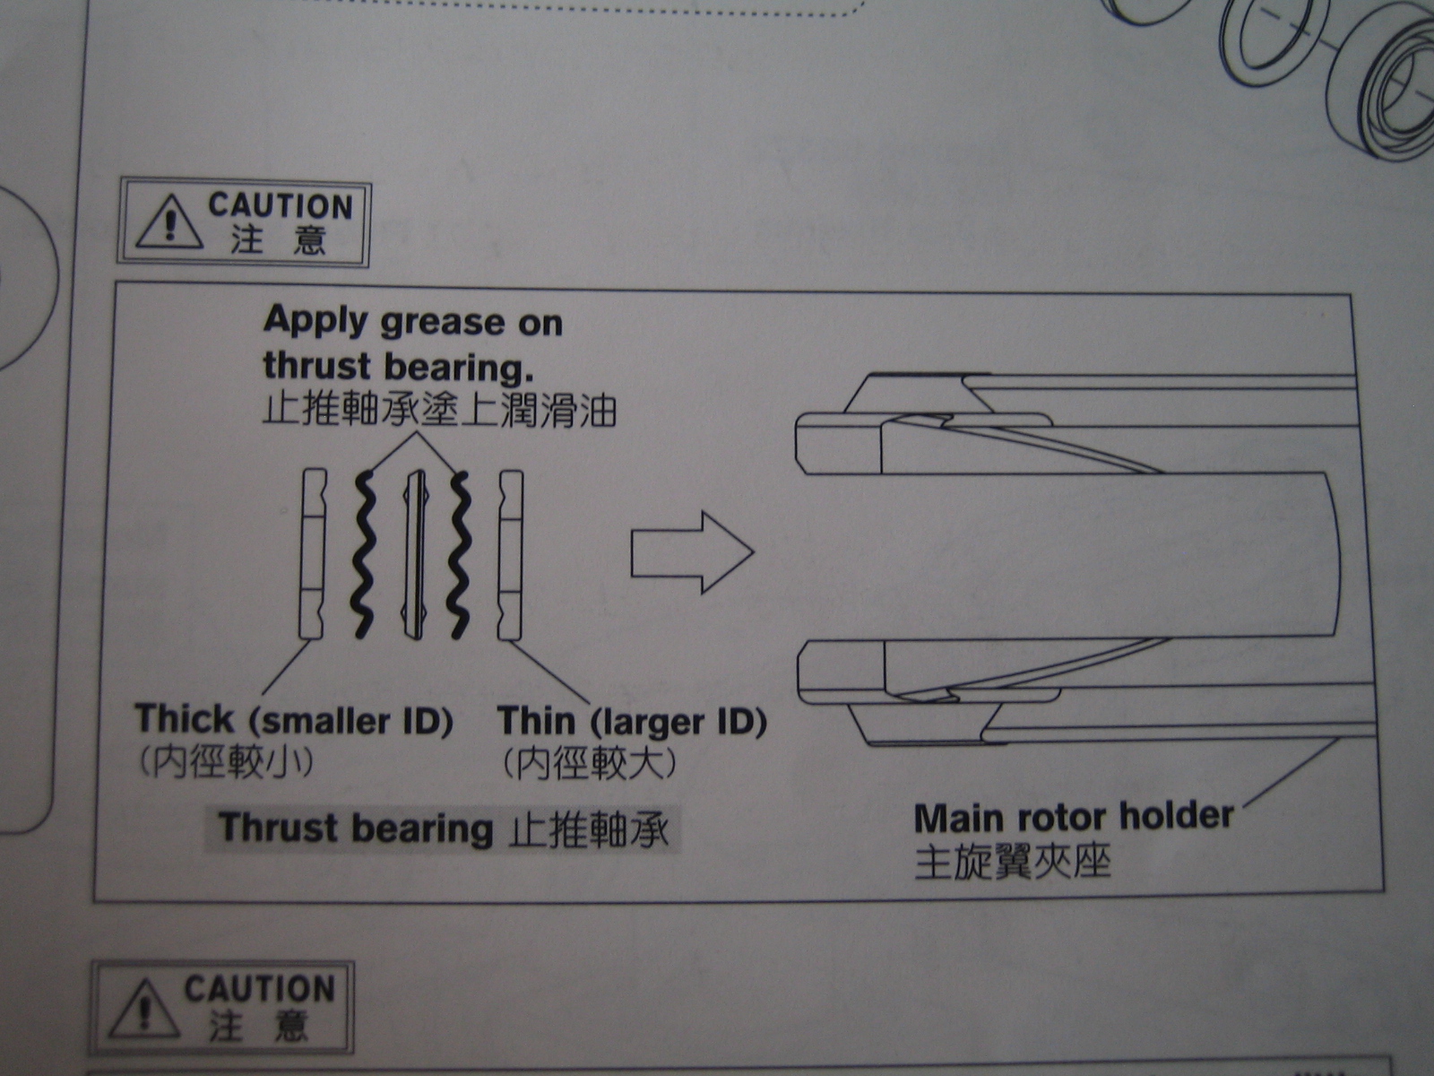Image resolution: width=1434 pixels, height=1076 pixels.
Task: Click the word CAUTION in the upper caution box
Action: pyautogui.click(x=281, y=206)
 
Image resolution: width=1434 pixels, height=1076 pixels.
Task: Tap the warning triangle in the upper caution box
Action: pyautogui.click(x=169, y=222)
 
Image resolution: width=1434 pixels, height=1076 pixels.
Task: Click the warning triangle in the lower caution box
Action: pyautogui.click(x=144, y=1007)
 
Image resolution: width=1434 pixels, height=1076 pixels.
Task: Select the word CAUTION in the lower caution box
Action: pyautogui.click(x=259, y=988)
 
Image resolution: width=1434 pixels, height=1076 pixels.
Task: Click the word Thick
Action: pyautogui.click(x=185, y=718)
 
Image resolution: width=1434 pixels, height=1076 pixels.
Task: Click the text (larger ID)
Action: pyautogui.click(x=678, y=723)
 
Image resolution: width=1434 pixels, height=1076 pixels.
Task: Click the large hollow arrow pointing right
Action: pyautogui.click(x=693, y=552)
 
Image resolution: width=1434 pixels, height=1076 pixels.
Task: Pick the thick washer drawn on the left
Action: pyautogui.click(x=312, y=553)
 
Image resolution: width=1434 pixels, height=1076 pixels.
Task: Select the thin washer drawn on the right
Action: pyautogui.click(x=510, y=555)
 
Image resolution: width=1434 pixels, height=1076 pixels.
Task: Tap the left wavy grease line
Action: pyautogui.click(x=363, y=554)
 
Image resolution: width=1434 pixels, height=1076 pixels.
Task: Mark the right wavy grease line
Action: pyautogui.click(x=459, y=555)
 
